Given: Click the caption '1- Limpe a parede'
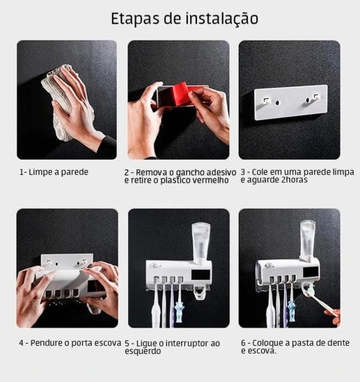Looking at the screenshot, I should (x=54, y=171).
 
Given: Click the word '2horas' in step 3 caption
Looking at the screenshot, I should (x=297, y=181).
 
